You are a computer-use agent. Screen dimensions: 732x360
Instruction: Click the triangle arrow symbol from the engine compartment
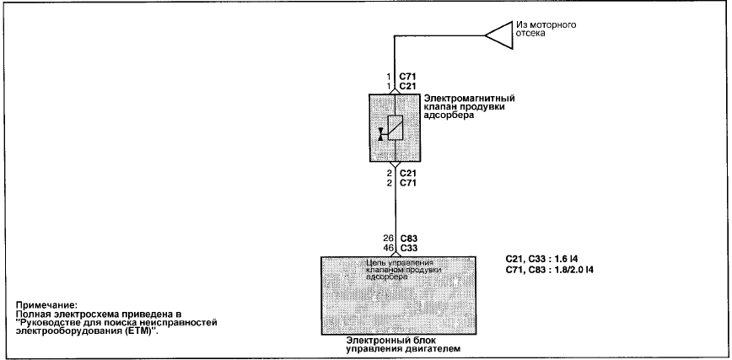(498, 35)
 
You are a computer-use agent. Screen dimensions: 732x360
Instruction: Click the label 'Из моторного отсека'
(546, 29)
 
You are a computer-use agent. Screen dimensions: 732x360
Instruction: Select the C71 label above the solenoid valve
(407, 77)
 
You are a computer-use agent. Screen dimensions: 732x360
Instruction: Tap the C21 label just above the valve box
(407, 86)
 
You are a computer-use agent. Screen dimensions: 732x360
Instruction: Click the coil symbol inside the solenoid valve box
(396, 127)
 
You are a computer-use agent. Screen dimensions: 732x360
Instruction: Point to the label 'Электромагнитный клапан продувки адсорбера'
(469, 107)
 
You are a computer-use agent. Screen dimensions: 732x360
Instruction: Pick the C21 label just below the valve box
(407, 173)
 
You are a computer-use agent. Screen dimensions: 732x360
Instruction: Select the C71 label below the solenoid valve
(407, 183)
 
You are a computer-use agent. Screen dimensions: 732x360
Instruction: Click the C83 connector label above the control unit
(408, 239)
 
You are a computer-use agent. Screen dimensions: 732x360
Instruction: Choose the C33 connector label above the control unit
(408, 249)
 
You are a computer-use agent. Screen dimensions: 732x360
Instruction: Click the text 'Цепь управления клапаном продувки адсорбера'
(404, 270)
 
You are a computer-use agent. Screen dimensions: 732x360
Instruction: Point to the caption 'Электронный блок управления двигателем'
(403, 345)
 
